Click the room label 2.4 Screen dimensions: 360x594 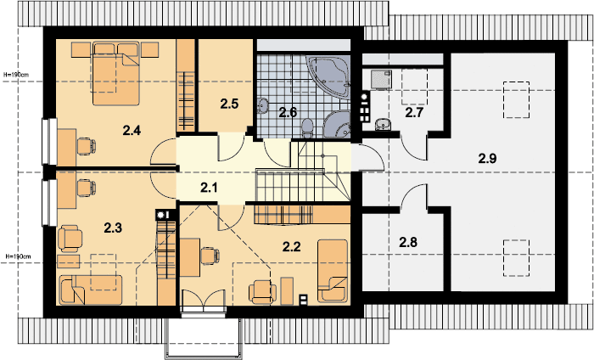pos(132,131)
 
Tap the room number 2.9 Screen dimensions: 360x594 pos(488,159)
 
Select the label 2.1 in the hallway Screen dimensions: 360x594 pos(209,188)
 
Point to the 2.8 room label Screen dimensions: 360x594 pos(408,242)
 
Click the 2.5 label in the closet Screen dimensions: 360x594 pos(229,104)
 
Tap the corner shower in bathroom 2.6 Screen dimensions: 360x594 pos(337,124)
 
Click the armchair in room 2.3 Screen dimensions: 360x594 pos(68,238)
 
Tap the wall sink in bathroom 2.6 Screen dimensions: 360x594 pos(264,107)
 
